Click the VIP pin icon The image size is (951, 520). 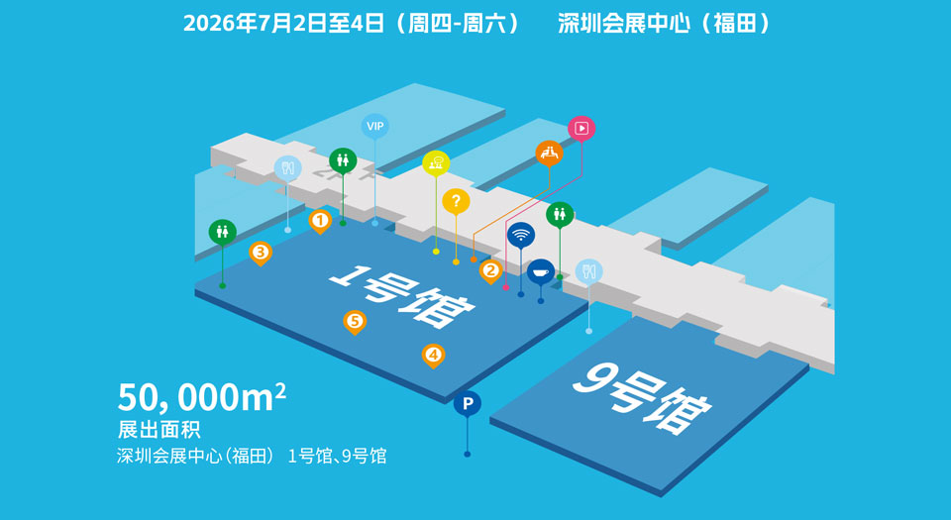374,127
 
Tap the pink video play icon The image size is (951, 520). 581,129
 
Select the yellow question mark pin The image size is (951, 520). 456,202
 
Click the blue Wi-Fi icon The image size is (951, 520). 520,235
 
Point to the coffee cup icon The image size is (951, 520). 541,272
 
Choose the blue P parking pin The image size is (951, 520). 468,404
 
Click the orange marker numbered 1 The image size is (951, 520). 320,221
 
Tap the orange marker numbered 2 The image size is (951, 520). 490,271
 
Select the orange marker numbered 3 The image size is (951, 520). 261,253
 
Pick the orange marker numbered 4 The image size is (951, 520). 433,356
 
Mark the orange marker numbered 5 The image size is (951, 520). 355,321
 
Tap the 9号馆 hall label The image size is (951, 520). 643,399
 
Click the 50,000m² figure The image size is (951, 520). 202,397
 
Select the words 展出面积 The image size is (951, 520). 158,430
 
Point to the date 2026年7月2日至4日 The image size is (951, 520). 284,24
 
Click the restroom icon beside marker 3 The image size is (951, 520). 223,233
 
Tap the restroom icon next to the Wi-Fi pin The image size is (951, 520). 560,215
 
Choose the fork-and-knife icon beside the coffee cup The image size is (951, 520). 588,272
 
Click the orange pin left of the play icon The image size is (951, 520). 549,154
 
